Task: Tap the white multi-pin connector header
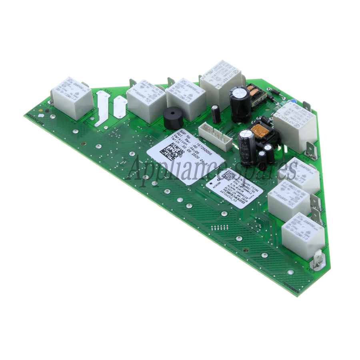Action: (x=216, y=136)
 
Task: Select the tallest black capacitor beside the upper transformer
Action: (x=240, y=105)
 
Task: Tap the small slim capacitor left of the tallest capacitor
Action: (x=216, y=114)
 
